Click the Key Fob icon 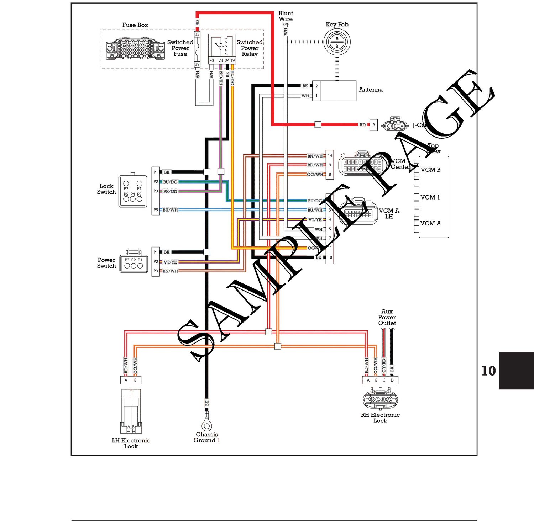[x=337, y=42]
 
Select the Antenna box [x=334, y=91]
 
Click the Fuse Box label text [x=135, y=25]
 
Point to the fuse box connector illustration [x=135, y=49]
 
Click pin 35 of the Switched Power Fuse [x=197, y=34]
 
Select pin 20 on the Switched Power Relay [x=211, y=60]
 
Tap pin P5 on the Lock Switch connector [x=156, y=210]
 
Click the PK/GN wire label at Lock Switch [x=170, y=191]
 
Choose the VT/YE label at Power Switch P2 [x=170, y=262]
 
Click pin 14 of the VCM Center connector [x=330, y=156]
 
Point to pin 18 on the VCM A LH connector [x=330, y=257]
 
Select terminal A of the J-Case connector [x=373, y=125]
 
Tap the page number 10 [x=488, y=371]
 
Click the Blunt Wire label [x=286, y=16]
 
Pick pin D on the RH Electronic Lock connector [x=392, y=380]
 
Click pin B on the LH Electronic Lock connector [x=135, y=380]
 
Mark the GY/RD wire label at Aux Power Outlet [x=384, y=365]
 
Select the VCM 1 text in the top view [x=430, y=197]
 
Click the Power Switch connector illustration [x=133, y=263]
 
